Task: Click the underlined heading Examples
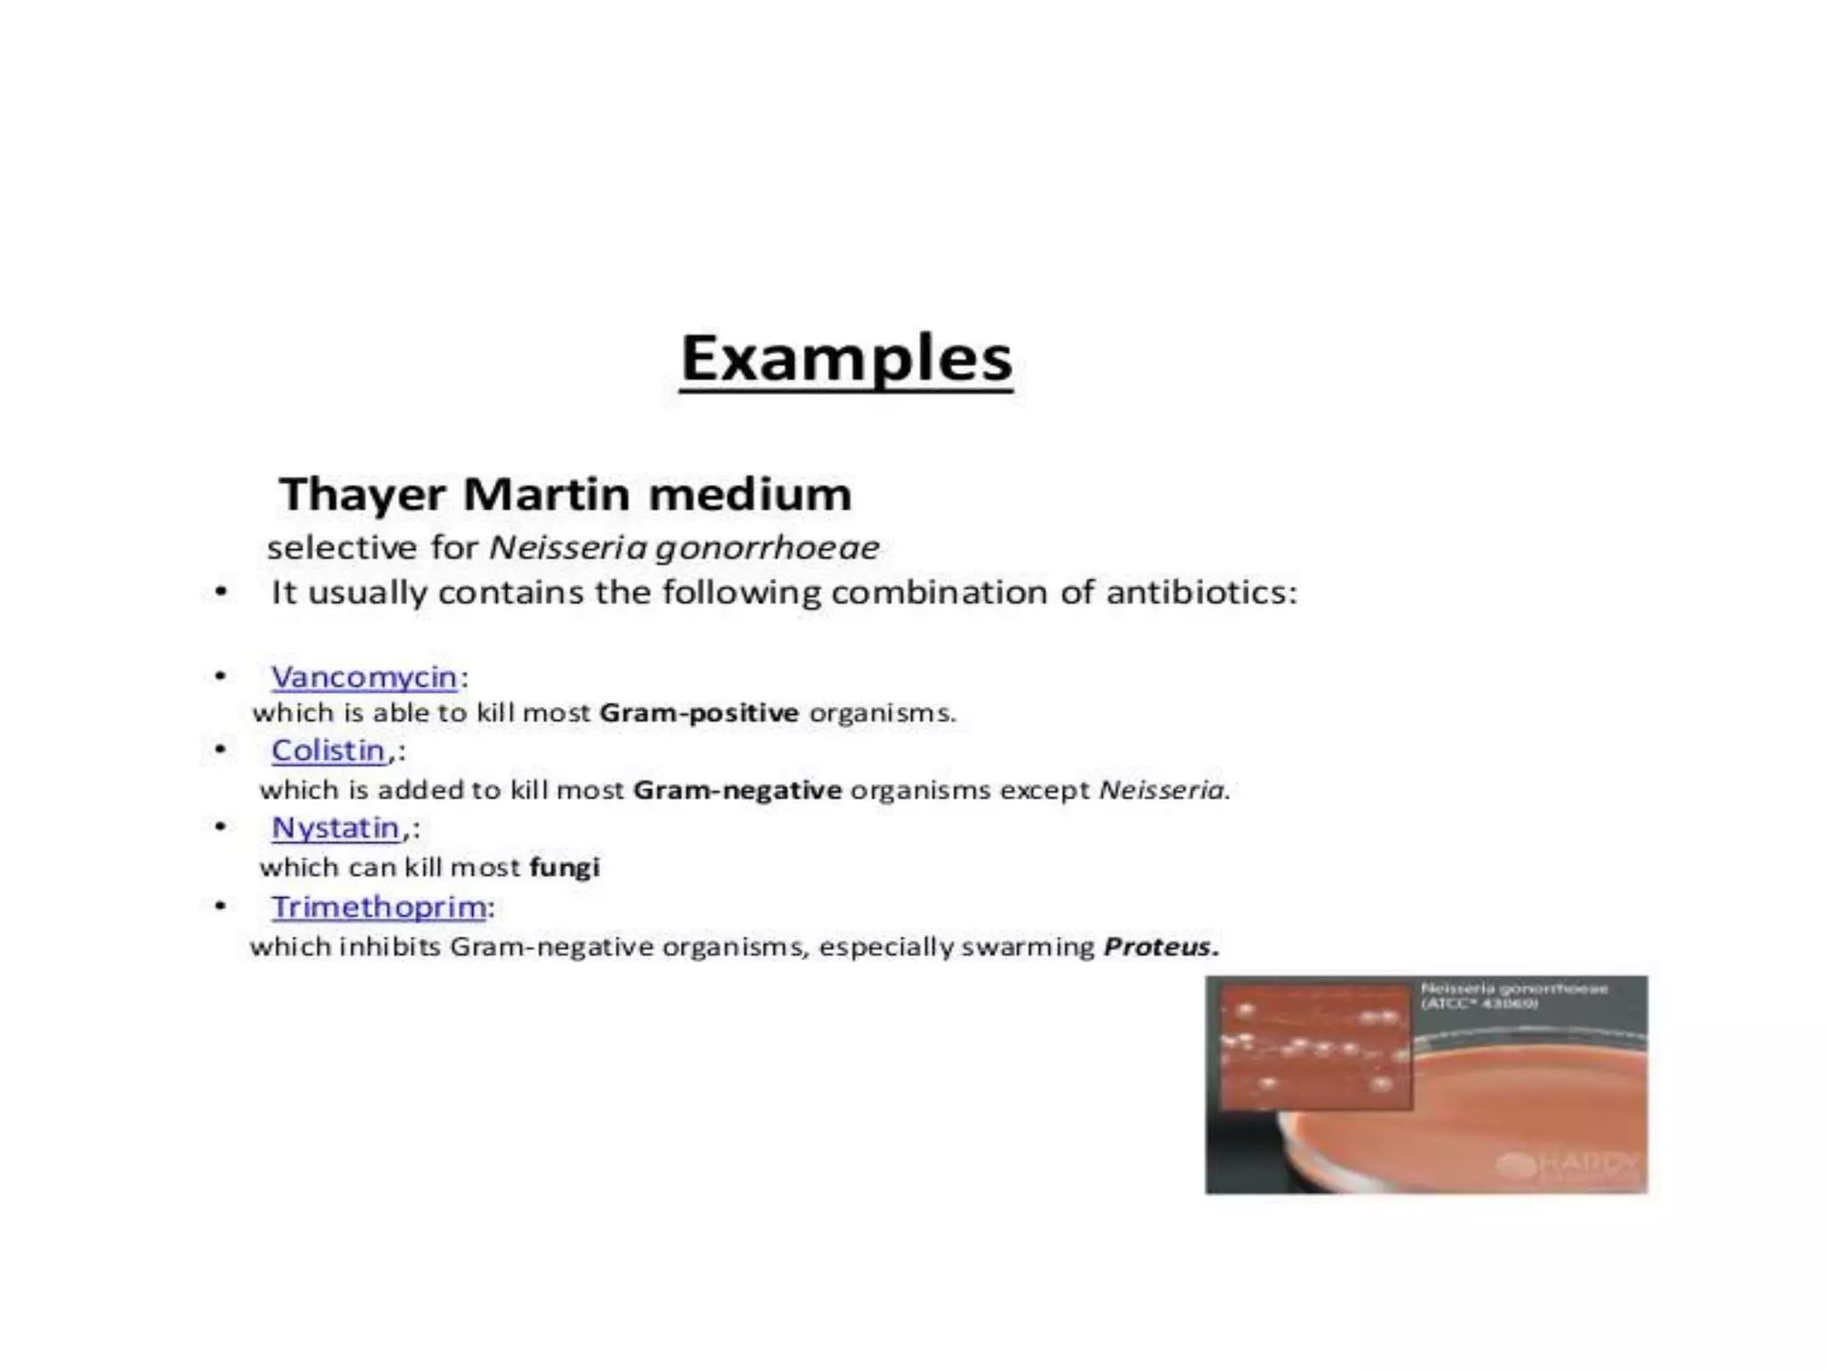click(x=846, y=359)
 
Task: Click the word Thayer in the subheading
click(x=362, y=494)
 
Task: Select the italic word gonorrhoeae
click(x=768, y=547)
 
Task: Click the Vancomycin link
click(x=364, y=677)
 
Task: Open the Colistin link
click(x=328, y=751)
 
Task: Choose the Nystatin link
click(x=336, y=828)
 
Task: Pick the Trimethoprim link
click(x=379, y=907)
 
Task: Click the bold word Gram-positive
click(x=699, y=713)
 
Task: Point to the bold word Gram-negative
click(x=737, y=790)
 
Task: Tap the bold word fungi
click(x=564, y=867)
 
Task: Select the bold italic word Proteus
click(x=1160, y=946)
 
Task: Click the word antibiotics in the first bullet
click(x=1201, y=593)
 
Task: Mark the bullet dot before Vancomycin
click(x=220, y=676)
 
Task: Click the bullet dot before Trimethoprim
click(x=220, y=906)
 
